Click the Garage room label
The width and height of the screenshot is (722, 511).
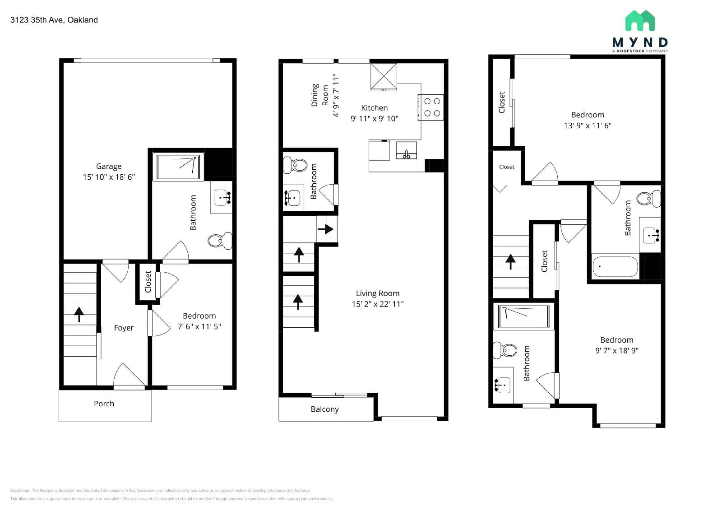[x=108, y=166]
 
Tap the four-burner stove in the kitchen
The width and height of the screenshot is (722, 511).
[x=431, y=107]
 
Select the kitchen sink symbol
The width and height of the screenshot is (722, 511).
[x=406, y=150]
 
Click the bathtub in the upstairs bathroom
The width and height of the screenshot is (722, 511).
[x=615, y=267]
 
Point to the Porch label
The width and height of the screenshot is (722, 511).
[x=104, y=404]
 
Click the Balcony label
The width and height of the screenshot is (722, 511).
[x=324, y=409]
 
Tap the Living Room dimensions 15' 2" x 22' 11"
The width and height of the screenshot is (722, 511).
[x=377, y=304]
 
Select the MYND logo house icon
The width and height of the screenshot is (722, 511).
[x=640, y=21]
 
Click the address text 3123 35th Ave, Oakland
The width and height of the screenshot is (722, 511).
[x=54, y=20]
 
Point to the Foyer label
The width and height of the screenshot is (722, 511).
[x=124, y=328]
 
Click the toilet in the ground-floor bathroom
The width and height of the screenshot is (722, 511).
[x=220, y=241]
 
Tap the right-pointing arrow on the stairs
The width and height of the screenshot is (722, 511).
[x=326, y=229]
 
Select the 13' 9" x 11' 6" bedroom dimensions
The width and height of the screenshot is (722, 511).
[x=587, y=125]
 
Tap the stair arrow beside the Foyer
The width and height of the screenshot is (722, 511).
[x=79, y=314]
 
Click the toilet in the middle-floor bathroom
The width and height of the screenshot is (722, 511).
[x=295, y=165]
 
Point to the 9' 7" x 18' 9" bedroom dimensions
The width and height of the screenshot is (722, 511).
[x=616, y=350]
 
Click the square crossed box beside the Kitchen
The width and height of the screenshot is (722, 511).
[x=384, y=77]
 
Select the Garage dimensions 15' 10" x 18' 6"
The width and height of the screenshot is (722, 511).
[x=108, y=177]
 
